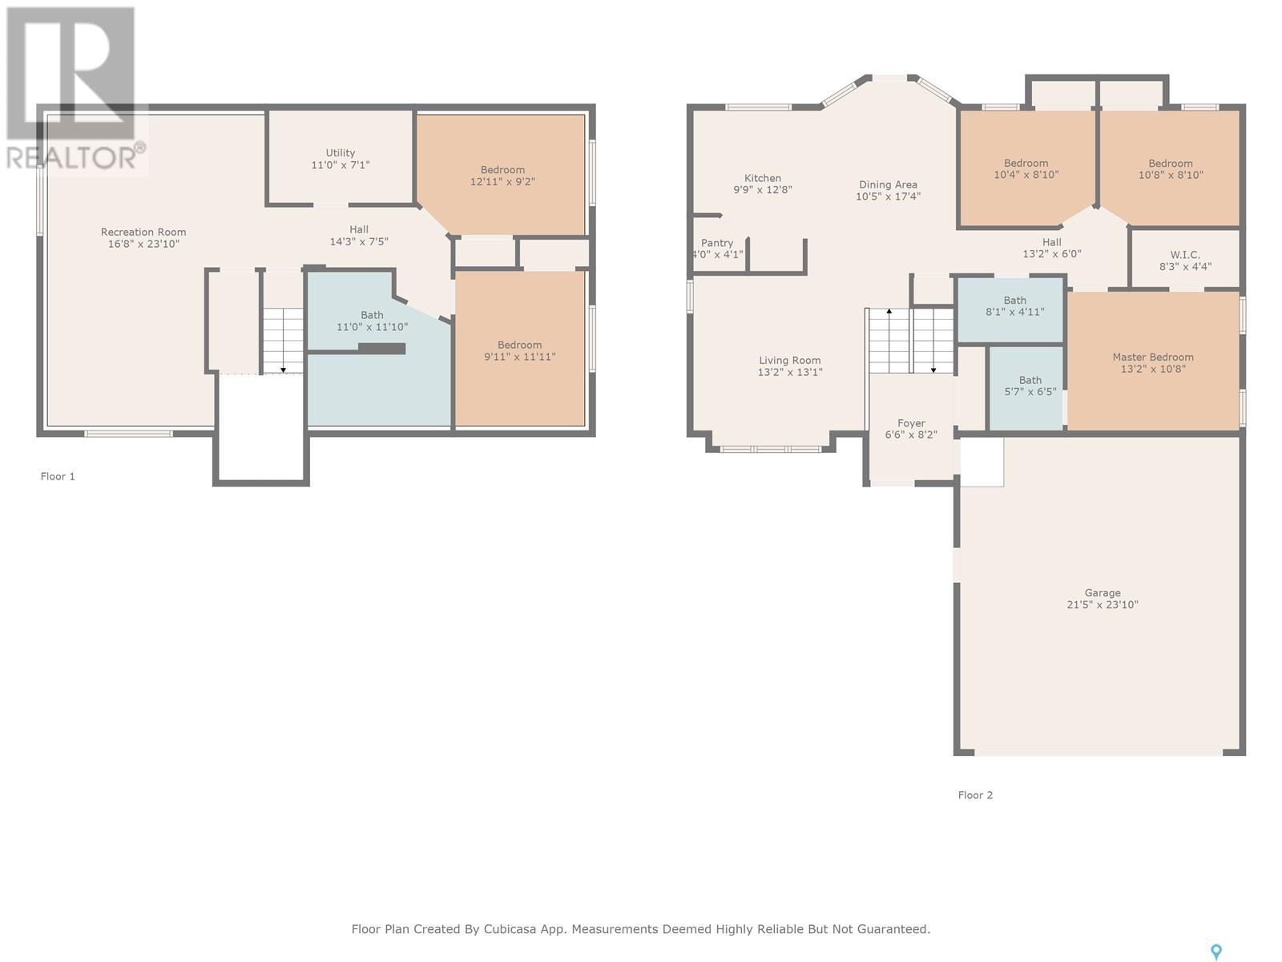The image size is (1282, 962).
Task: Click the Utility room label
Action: pos(340,153)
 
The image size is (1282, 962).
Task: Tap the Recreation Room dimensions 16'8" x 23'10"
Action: pos(143,245)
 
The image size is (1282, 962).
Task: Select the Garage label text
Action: pos(1102,593)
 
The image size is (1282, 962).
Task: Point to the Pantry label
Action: pos(716,243)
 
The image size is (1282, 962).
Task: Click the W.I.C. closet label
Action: pos(1185,255)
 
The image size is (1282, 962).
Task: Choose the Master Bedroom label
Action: pos(1152,357)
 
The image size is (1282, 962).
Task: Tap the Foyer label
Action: pos(911,423)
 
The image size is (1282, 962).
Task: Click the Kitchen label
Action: pos(762,178)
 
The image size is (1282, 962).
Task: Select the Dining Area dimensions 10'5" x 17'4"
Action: pos(888,197)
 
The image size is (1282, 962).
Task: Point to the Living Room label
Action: pos(790,361)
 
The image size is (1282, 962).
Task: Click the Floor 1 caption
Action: pos(58,477)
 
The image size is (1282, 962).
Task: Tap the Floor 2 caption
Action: pos(975,795)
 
